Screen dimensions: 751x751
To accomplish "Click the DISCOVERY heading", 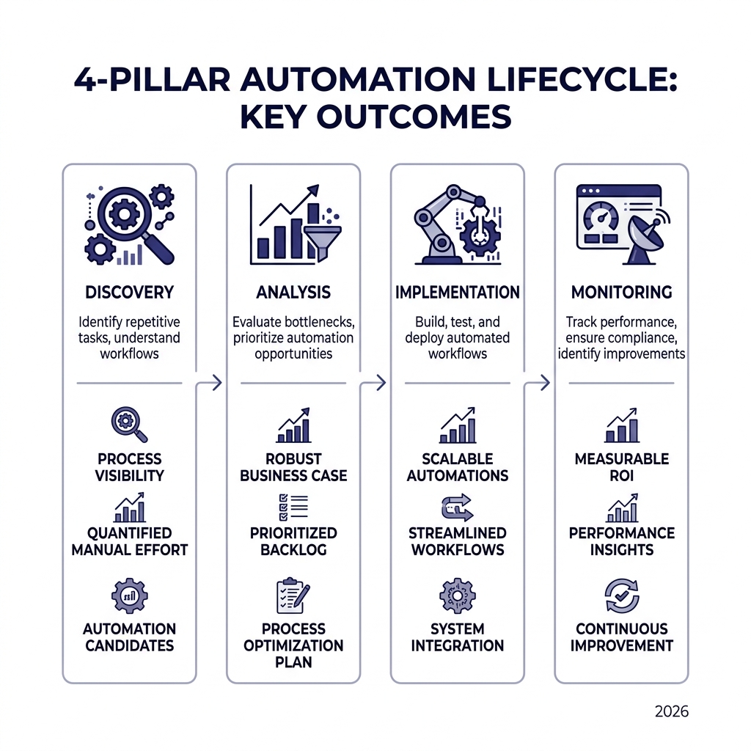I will tap(129, 292).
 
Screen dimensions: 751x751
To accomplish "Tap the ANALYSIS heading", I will tap(293, 292).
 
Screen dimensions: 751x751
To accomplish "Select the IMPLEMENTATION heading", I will tap(457, 292).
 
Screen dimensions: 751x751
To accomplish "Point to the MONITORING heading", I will tap(621, 292).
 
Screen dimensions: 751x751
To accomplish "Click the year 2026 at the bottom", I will tap(671, 711).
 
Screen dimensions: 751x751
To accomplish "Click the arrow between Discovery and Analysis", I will tap(215, 382).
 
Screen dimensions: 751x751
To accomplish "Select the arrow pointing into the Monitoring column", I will tap(543, 382).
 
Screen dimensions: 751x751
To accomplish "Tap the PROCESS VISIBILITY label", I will tap(129, 466).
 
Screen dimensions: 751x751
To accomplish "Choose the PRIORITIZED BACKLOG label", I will tap(293, 541).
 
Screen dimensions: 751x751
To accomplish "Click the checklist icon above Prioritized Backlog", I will tap(293, 507).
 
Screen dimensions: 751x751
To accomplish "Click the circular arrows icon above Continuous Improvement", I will tap(621, 595).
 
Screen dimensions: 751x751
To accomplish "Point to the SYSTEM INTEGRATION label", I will tap(457, 637).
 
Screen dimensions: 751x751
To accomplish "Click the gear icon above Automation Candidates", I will tap(129, 595).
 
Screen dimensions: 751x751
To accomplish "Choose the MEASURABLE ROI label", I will tap(621, 466).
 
